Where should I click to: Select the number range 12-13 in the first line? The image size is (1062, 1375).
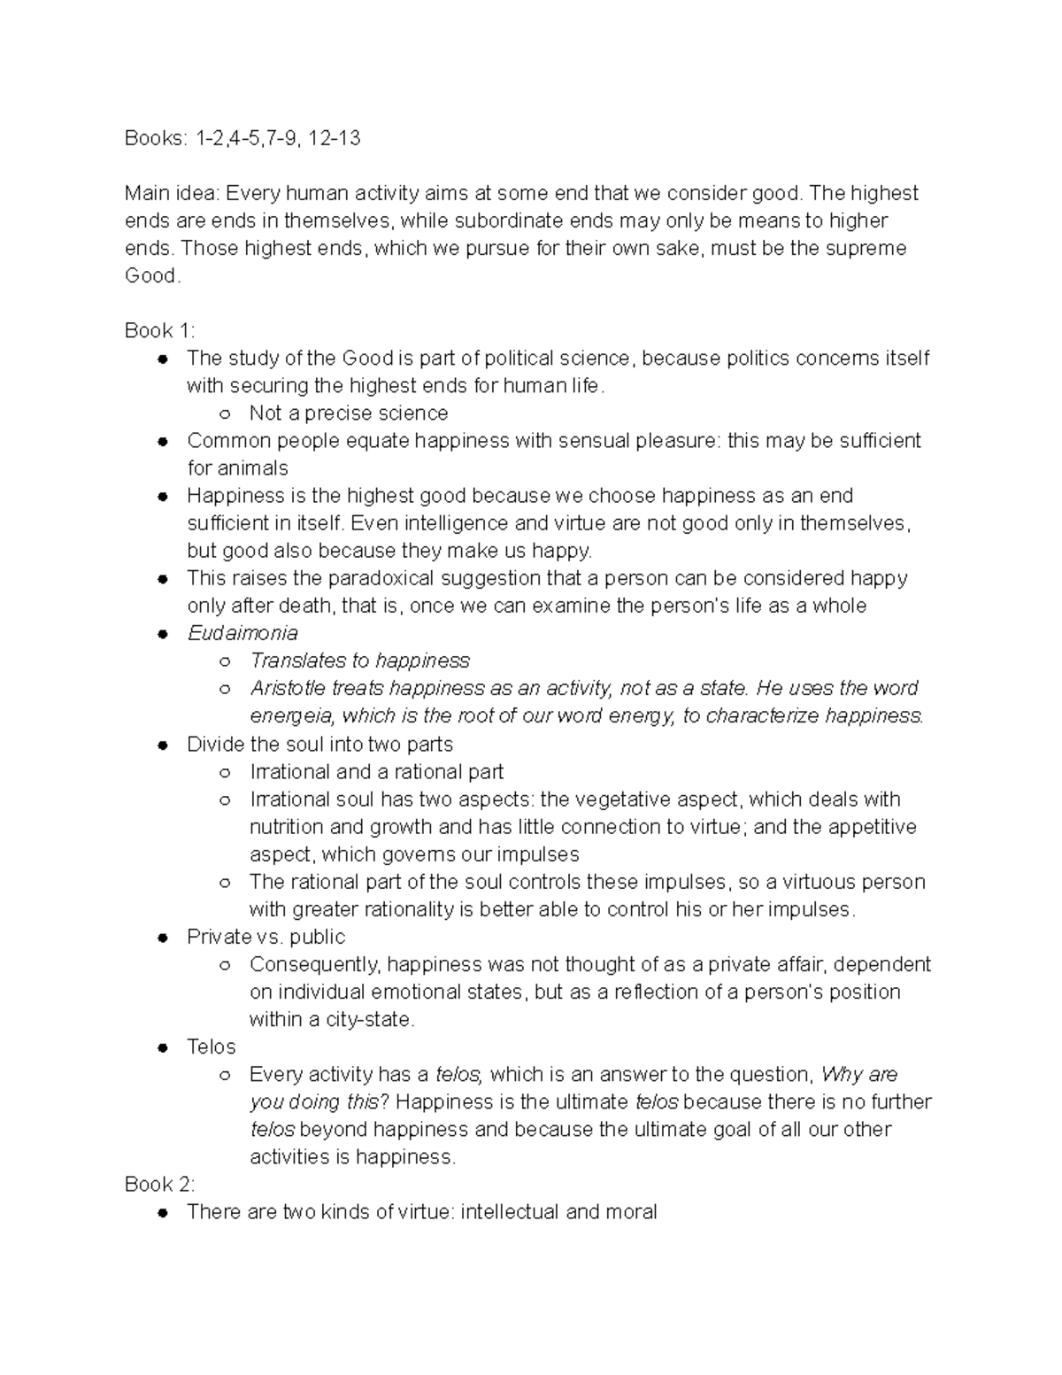tap(332, 138)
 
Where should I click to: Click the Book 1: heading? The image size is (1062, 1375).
tap(159, 330)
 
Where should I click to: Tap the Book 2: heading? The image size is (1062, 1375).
tap(159, 1184)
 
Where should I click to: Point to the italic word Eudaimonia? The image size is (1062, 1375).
tap(242, 633)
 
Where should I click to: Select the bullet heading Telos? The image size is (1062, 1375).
tap(211, 1047)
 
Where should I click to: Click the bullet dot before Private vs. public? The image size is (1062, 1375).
tap(162, 938)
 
